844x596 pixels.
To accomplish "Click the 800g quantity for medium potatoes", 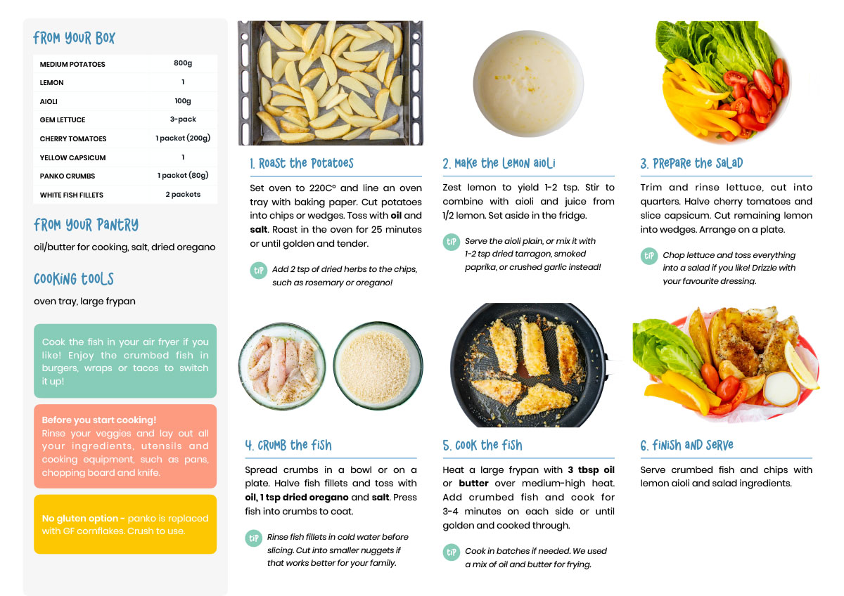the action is coord(183,63).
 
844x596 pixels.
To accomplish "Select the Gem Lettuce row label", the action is coord(63,119).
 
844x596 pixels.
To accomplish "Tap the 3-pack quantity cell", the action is coord(183,119).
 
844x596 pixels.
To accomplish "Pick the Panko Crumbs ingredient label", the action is coord(68,176).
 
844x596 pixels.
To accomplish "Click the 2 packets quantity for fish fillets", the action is coord(183,194).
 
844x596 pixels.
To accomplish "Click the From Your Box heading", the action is coord(74,38).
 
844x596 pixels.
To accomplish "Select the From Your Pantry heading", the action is coord(86,225).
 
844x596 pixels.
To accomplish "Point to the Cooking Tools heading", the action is coord(73,279).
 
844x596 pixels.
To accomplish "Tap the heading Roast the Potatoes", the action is coord(302,163).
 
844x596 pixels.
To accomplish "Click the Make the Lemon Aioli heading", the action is coord(499,163).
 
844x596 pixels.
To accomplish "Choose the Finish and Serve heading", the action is coord(686,445).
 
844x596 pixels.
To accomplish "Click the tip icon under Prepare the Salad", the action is coord(648,256).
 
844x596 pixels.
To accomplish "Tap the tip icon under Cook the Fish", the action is coord(451,552).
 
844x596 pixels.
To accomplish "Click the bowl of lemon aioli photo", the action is coord(528,84).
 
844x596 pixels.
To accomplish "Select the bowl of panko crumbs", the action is coord(378,365).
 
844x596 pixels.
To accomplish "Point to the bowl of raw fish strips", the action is coord(282,366).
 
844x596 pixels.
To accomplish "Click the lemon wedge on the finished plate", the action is coord(800,365).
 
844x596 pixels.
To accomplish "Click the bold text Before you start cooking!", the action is coord(98,420).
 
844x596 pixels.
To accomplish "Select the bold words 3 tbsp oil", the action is coord(591,470).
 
